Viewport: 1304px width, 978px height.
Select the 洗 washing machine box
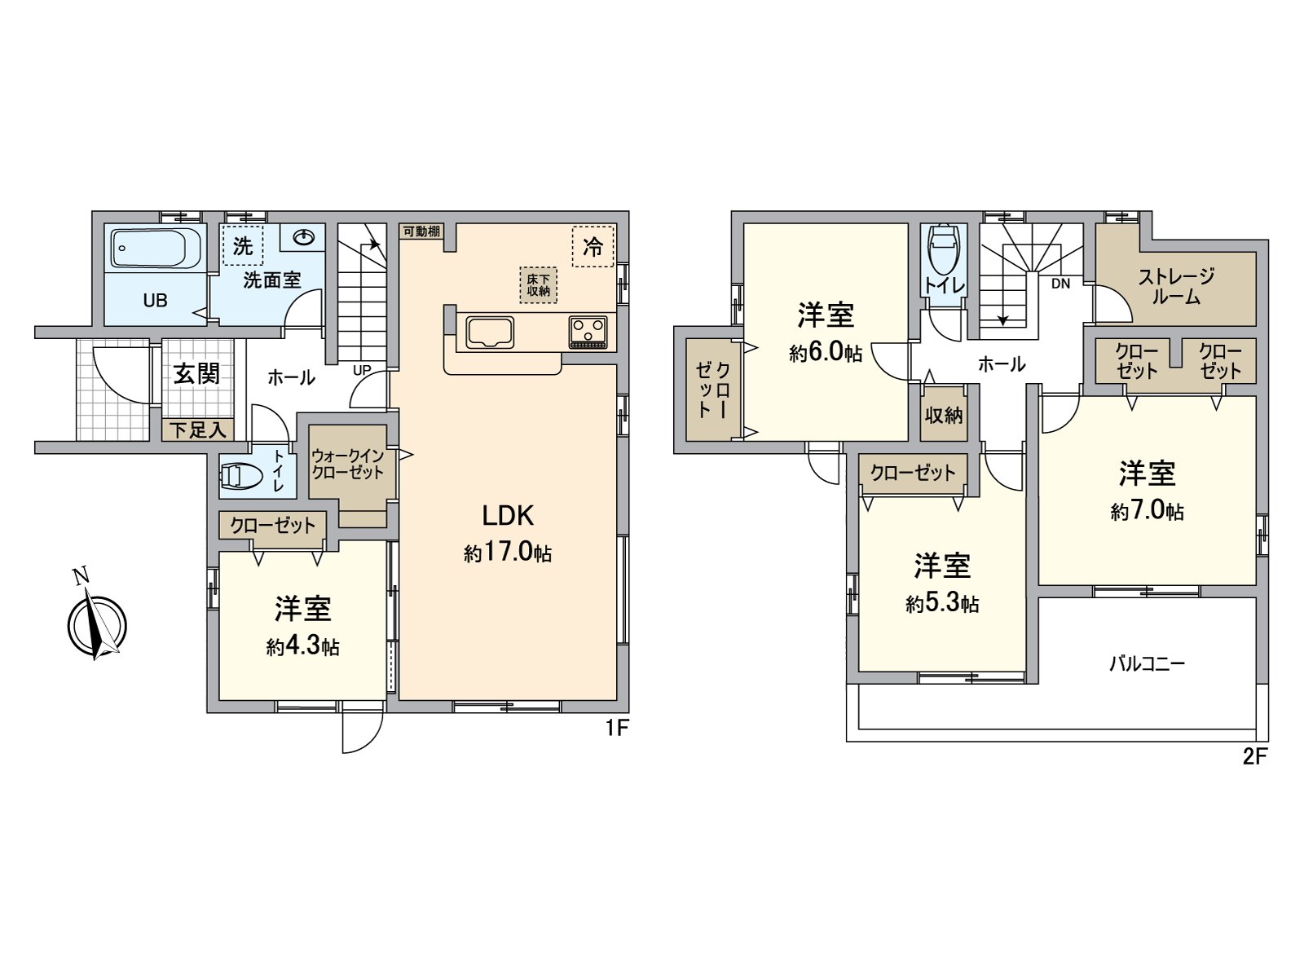point(243,245)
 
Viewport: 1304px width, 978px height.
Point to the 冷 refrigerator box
point(593,245)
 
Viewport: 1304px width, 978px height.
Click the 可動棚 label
point(421,231)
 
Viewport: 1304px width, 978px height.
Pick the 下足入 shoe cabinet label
point(197,430)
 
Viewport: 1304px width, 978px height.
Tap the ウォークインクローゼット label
point(348,465)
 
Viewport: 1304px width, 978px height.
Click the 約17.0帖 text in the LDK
point(508,553)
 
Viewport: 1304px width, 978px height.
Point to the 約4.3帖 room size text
point(302,647)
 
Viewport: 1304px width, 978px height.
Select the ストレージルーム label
point(1176,286)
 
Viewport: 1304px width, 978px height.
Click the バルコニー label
point(1146,663)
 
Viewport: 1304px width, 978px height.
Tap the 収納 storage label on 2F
point(944,415)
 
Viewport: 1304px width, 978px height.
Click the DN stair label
point(1060,284)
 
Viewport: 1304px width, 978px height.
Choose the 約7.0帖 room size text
point(1147,512)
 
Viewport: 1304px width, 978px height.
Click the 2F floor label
point(1254,756)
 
